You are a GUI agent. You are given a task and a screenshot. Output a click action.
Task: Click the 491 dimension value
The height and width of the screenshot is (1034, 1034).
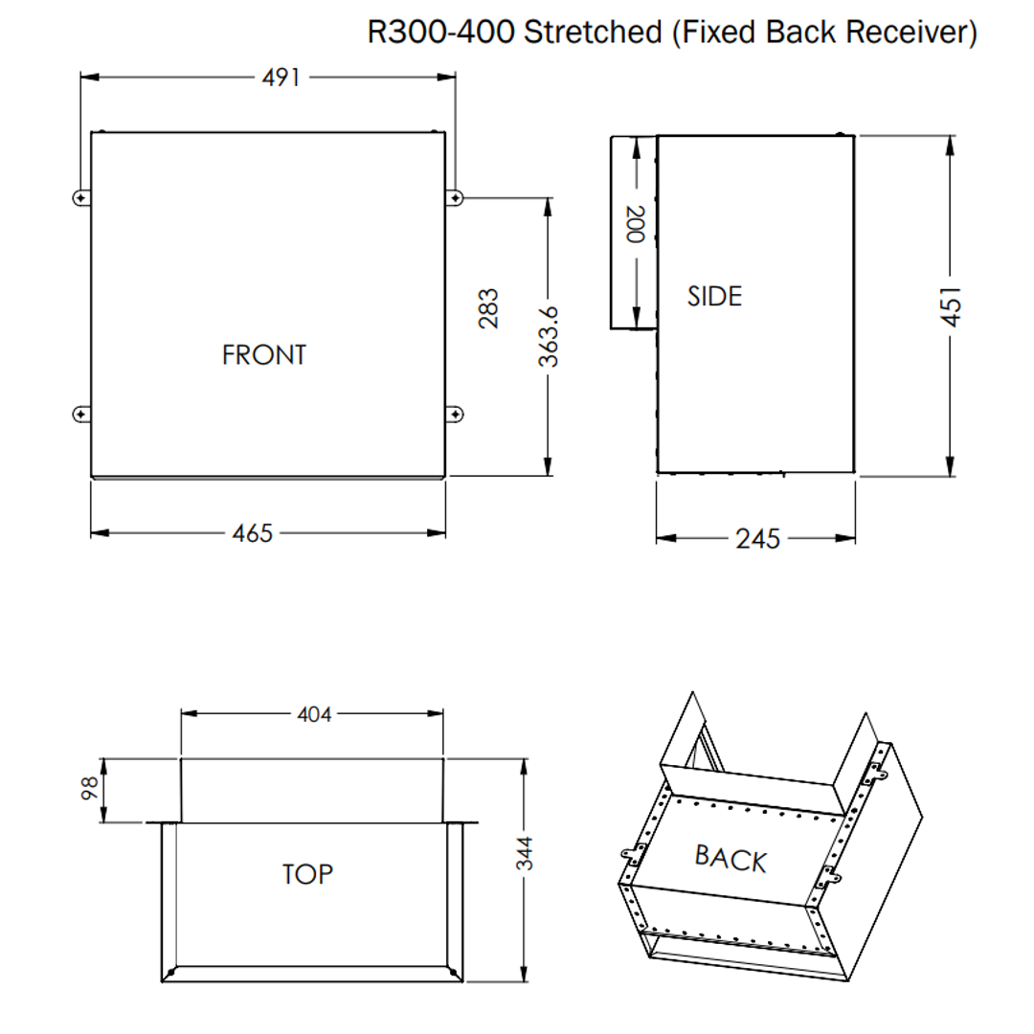tap(281, 78)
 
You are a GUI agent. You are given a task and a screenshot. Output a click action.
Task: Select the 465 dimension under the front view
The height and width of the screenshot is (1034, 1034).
tap(253, 533)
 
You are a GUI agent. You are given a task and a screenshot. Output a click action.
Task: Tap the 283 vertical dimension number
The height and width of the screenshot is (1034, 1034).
tap(489, 308)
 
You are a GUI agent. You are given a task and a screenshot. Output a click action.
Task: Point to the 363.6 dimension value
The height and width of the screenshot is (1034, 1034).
tap(548, 336)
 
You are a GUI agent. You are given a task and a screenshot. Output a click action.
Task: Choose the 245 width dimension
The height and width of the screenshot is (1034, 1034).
tap(757, 539)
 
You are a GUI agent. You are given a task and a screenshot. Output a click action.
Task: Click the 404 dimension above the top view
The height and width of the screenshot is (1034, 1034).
tap(313, 714)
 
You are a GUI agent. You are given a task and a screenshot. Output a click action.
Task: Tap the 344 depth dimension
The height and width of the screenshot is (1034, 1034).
tap(525, 852)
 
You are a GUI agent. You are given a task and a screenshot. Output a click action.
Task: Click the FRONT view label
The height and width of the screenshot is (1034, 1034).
tap(264, 355)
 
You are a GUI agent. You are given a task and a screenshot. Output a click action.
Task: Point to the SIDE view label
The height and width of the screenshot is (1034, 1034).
tap(714, 297)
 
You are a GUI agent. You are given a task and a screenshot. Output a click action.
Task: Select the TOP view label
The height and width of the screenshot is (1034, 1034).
tap(307, 874)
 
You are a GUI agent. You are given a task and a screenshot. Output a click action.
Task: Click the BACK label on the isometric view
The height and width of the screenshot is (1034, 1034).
tap(731, 858)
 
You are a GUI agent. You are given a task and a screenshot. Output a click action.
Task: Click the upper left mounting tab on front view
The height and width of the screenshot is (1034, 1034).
tap(80, 197)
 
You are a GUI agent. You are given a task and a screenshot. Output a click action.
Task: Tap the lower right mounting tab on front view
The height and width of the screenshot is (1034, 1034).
tap(457, 414)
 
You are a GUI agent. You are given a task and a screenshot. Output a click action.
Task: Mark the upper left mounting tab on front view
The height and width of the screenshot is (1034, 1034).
tap(80, 197)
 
